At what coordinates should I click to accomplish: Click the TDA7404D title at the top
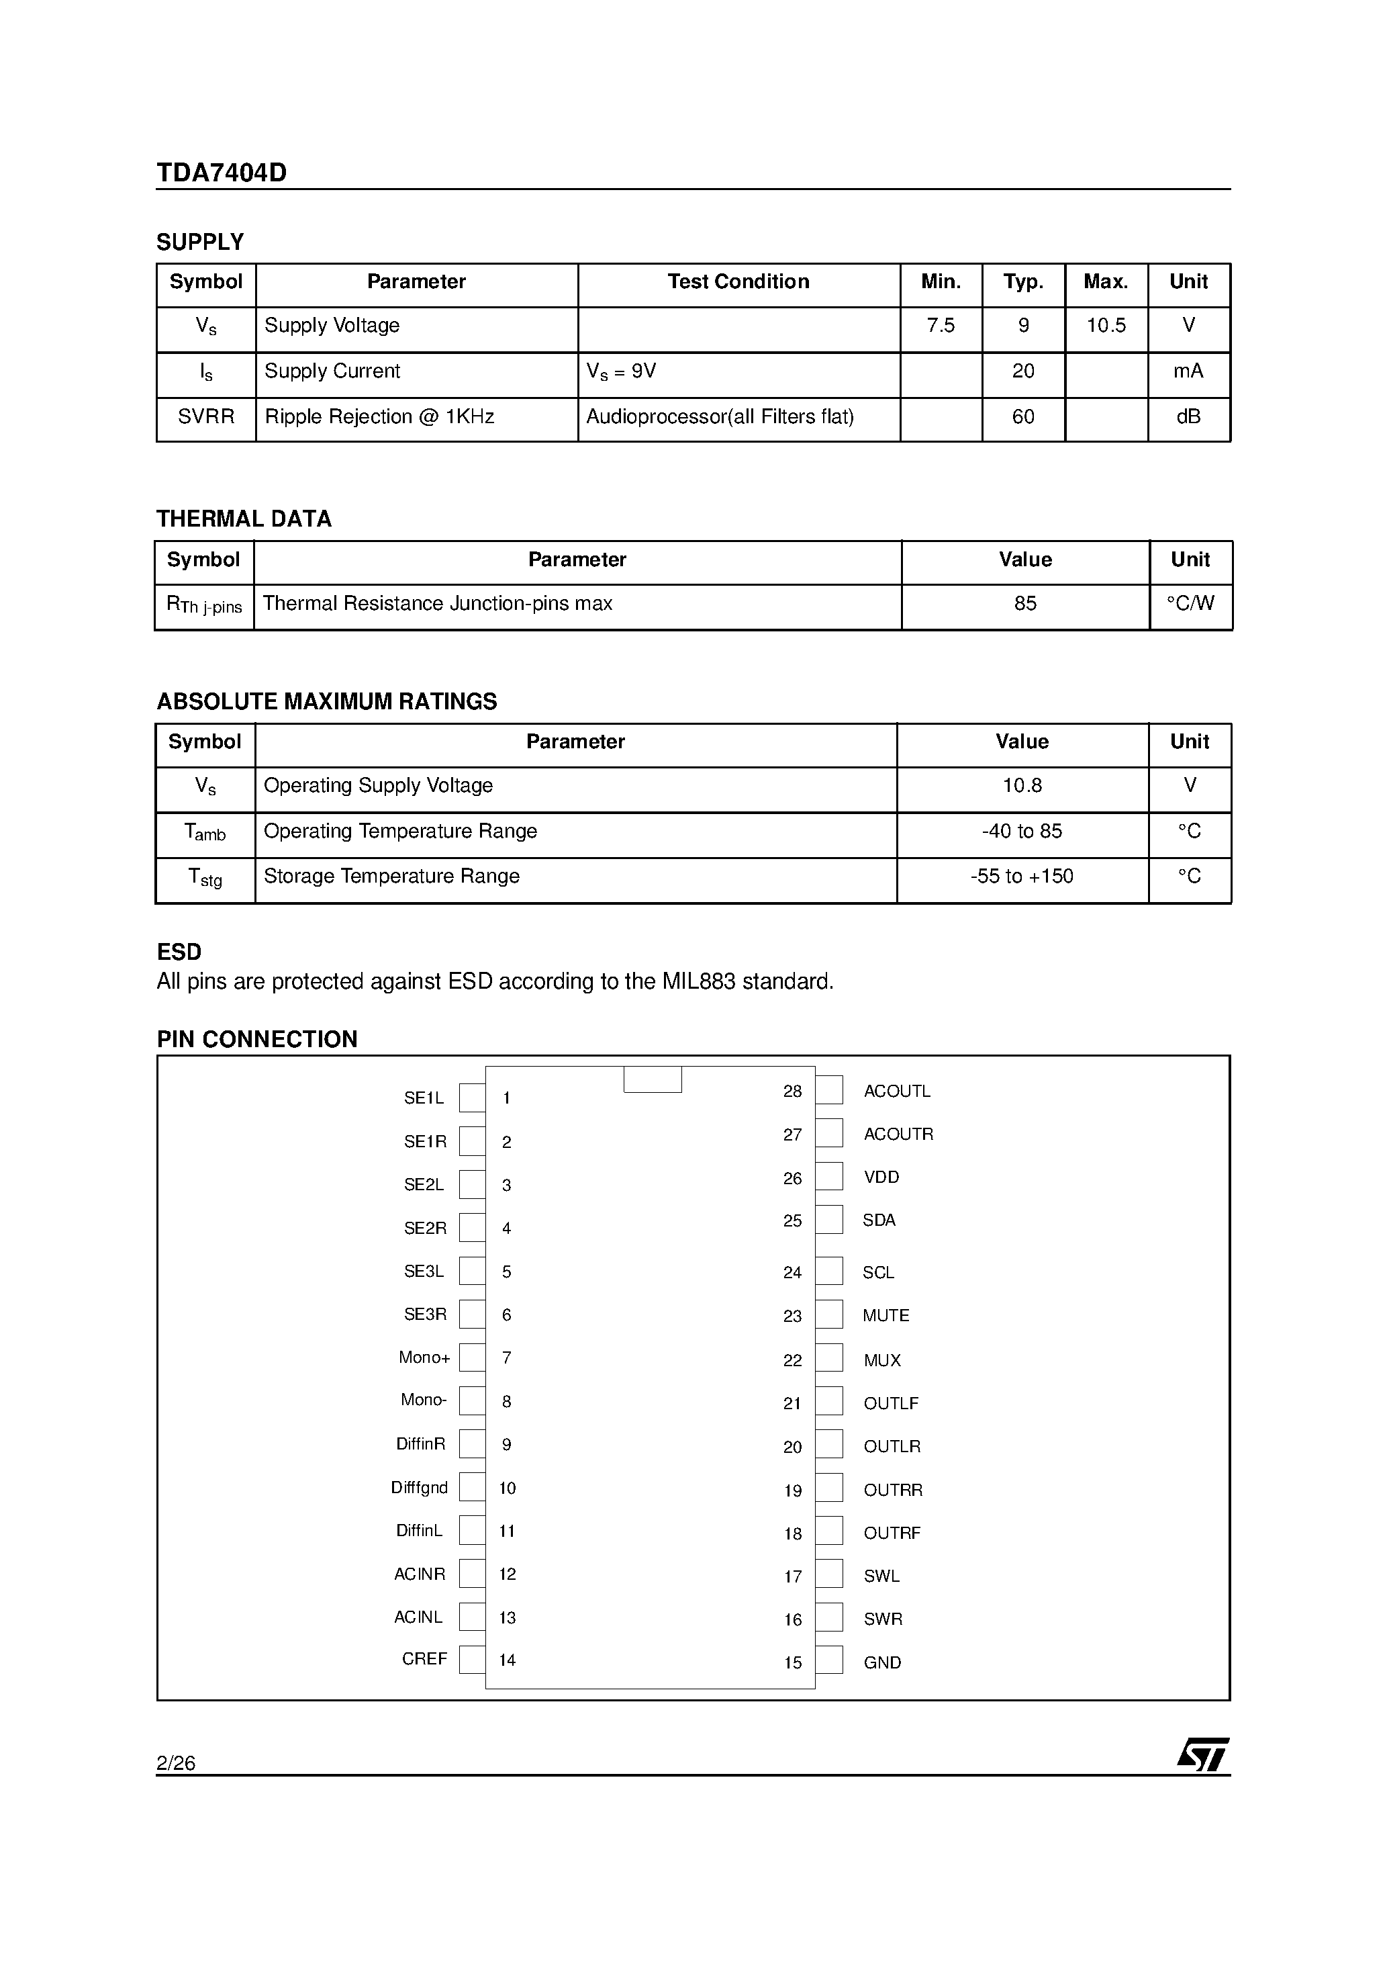click(222, 173)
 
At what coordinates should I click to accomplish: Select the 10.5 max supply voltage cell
click(1106, 326)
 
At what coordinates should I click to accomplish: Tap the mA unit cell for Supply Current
click(1188, 371)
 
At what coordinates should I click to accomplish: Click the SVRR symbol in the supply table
click(206, 417)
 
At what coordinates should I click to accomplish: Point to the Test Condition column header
click(738, 282)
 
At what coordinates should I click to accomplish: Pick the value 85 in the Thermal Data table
click(1024, 604)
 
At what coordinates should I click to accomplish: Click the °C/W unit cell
click(1190, 604)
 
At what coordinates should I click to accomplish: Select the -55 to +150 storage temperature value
click(1021, 877)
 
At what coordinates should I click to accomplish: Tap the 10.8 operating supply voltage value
click(1021, 786)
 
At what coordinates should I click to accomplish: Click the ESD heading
click(179, 952)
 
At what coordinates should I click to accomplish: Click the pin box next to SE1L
click(472, 1098)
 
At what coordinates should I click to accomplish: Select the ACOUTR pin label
click(898, 1134)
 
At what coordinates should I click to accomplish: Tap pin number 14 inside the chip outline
click(507, 1660)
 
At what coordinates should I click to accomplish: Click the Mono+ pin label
click(424, 1357)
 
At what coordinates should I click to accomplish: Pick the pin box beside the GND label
click(828, 1660)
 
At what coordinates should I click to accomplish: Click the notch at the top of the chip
click(653, 1079)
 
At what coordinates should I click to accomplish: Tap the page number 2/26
click(176, 1763)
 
